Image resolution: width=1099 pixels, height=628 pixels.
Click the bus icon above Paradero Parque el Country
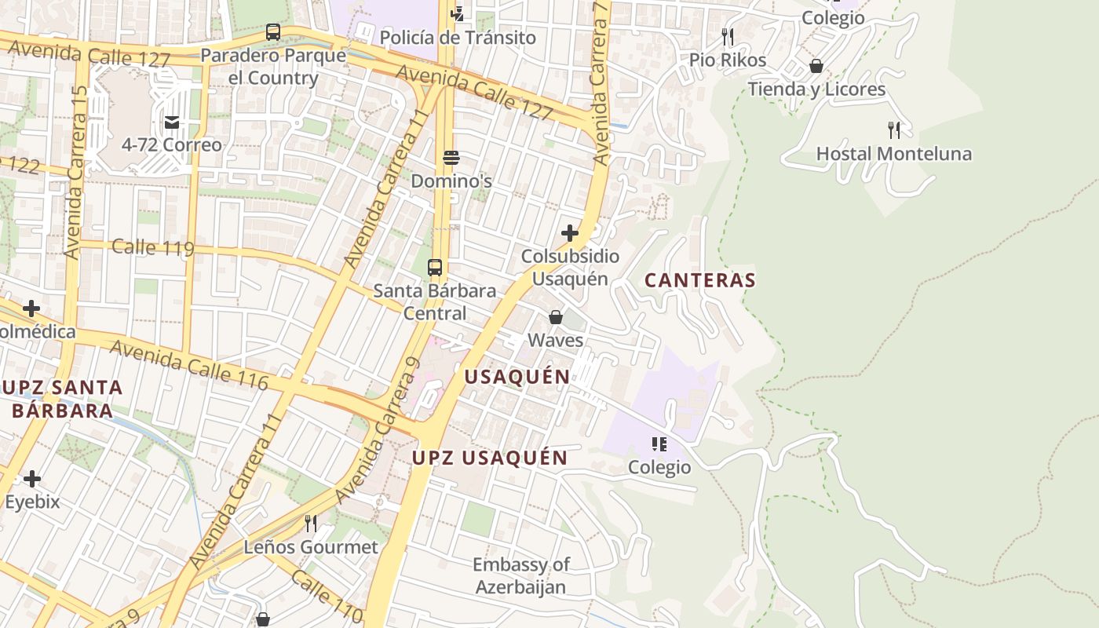[x=273, y=32]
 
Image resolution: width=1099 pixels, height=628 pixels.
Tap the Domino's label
[x=451, y=181]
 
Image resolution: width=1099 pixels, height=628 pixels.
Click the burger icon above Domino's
[x=451, y=158]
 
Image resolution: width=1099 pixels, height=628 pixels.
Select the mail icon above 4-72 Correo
[x=172, y=122]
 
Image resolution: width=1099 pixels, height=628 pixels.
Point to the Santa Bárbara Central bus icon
[x=435, y=267]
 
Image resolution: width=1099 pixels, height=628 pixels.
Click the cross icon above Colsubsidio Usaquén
[x=570, y=233]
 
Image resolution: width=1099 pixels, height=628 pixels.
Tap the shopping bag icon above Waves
[x=556, y=317]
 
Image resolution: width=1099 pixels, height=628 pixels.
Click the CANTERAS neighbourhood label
[x=700, y=280]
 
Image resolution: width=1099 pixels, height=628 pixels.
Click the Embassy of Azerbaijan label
[x=520, y=575]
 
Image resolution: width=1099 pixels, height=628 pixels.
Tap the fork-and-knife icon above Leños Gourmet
[x=311, y=524]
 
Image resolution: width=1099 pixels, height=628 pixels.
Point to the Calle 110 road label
[x=327, y=597]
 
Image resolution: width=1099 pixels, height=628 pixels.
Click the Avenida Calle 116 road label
[x=188, y=365]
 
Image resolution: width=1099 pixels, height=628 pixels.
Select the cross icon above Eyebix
[x=32, y=478]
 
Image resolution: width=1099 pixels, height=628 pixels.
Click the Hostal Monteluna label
[x=893, y=154]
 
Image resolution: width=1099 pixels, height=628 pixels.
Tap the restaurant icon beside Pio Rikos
[x=728, y=37]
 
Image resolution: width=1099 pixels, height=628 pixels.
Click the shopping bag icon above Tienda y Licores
[x=816, y=66]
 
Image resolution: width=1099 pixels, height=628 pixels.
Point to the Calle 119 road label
[x=152, y=248]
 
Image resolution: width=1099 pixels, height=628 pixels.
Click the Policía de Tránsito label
[x=458, y=38]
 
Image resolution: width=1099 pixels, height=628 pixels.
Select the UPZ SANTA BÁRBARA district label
[x=62, y=398]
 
